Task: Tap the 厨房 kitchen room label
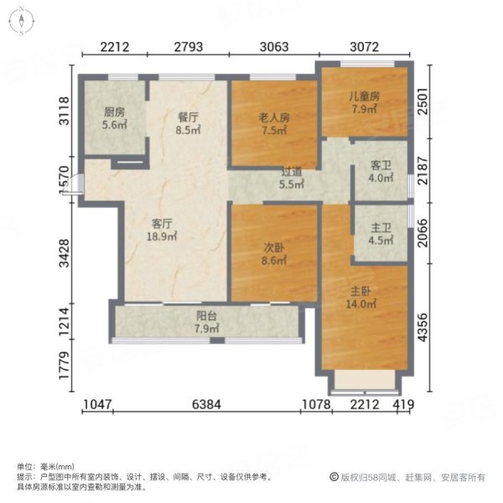pos(114,118)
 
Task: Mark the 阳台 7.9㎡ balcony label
pos(206,322)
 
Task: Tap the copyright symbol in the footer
pos(333,477)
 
